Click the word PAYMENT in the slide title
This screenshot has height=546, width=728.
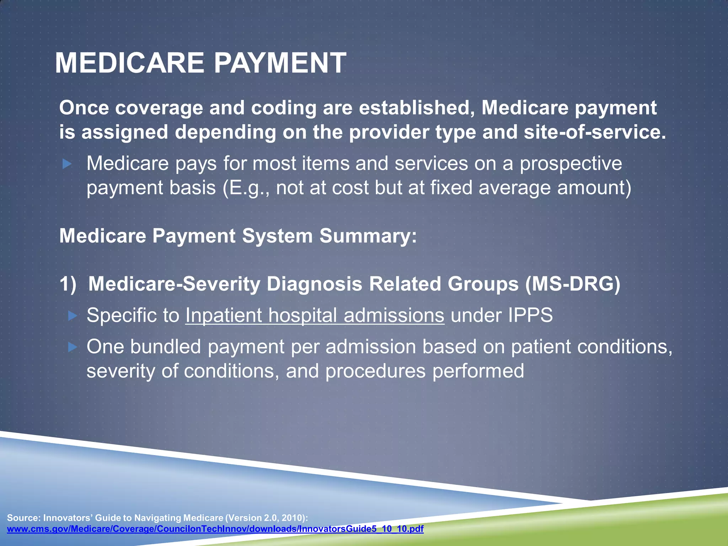tap(280, 63)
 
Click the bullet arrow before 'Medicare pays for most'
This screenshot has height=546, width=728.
tap(67, 164)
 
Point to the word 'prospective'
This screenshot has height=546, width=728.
tap(571, 164)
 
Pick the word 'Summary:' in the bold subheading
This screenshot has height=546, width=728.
tap(368, 236)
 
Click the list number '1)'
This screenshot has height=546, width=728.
tap(68, 284)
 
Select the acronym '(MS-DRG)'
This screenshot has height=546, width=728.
tap(573, 284)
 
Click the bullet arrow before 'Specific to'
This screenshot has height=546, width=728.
tap(73, 315)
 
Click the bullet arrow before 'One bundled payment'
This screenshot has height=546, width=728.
tap(73, 347)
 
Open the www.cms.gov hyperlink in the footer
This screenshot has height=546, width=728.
tap(215, 529)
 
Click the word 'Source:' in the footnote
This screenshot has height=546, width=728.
tap(23, 518)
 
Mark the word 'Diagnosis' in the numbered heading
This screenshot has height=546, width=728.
tap(314, 284)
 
